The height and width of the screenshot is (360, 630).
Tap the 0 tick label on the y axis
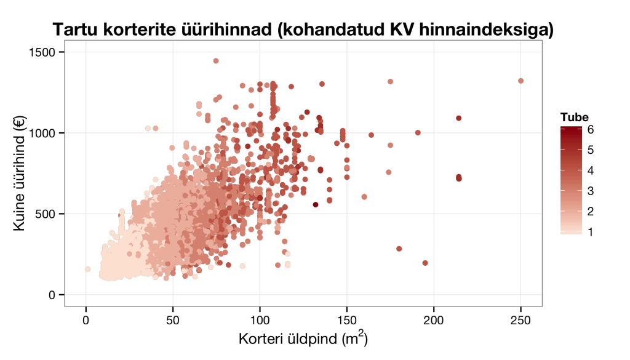[53, 295]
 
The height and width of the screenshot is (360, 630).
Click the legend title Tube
[574, 118]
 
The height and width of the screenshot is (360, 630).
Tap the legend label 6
[591, 129]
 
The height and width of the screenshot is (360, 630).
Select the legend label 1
[591, 232]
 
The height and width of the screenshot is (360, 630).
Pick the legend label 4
[591, 170]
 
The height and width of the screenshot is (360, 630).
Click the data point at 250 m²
[521, 81]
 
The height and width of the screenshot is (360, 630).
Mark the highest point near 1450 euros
[216, 61]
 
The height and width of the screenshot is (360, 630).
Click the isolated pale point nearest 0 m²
[87, 270]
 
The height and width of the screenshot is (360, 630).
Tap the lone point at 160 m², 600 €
[364, 197]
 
